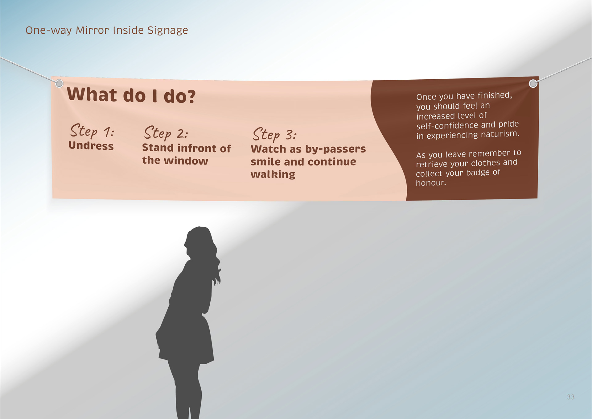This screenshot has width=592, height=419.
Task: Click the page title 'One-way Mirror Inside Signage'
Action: [x=107, y=30]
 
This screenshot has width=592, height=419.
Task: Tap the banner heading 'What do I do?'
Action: [x=131, y=95]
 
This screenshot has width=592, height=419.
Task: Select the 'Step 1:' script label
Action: [x=92, y=131]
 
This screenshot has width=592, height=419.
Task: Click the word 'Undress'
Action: [x=91, y=145]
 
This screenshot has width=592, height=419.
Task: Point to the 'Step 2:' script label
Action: [x=166, y=133]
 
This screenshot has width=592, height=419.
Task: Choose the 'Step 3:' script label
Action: [x=275, y=134]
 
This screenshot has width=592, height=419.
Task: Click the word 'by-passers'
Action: [x=335, y=149]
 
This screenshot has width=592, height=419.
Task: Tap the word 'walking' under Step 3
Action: [x=273, y=174]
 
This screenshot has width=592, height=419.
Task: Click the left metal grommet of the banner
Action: [x=59, y=83]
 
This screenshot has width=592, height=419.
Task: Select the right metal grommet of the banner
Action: [x=533, y=83]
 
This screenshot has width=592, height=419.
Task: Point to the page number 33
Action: [x=571, y=397]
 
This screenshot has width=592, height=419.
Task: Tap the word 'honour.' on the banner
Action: [x=431, y=183]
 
